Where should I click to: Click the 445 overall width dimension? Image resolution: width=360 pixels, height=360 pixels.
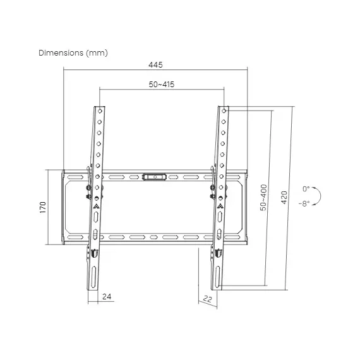(x=155, y=65)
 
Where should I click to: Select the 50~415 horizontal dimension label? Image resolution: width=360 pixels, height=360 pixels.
(x=162, y=85)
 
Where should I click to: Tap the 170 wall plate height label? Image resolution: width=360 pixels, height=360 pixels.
(x=43, y=207)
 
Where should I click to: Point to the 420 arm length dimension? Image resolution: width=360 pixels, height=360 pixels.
(x=284, y=198)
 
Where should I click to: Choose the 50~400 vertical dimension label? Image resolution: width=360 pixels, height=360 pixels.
(x=263, y=198)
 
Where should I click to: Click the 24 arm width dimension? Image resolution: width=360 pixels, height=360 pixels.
(x=107, y=296)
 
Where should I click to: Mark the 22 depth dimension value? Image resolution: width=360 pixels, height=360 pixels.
(x=207, y=299)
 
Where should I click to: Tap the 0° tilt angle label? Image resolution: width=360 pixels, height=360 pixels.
(x=306, y=189)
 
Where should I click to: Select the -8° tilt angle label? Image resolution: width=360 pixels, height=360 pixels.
(x=304, y=203)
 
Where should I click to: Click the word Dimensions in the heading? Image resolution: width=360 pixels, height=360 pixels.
(x=61, y=53)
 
